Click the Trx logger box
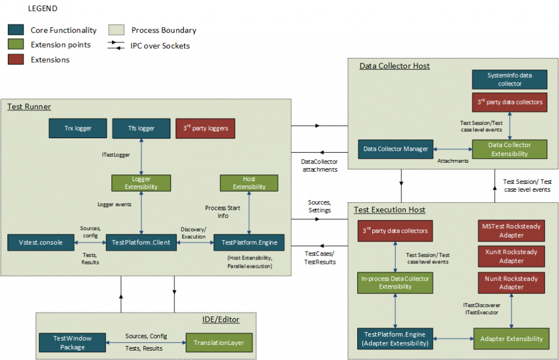(78, 129)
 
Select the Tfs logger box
(141, 129)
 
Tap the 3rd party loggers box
(205, 129)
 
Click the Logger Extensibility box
(141, 183)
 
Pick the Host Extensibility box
(249, 183)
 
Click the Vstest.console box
(41, 243)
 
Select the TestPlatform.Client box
(141, 243)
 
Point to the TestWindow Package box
(72, 343)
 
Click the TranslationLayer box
(219, 343)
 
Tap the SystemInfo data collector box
(509, 79)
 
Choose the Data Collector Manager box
(396, 149)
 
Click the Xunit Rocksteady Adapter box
(511, 256)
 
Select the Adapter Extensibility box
(511, 339)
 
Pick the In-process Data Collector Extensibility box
(395, 283)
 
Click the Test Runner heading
(29, 107)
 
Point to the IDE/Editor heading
(221, 319)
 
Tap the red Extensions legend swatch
(16, 59)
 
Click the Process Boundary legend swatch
(117, 30)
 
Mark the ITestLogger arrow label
(116, 155)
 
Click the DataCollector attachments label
(319, 165)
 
